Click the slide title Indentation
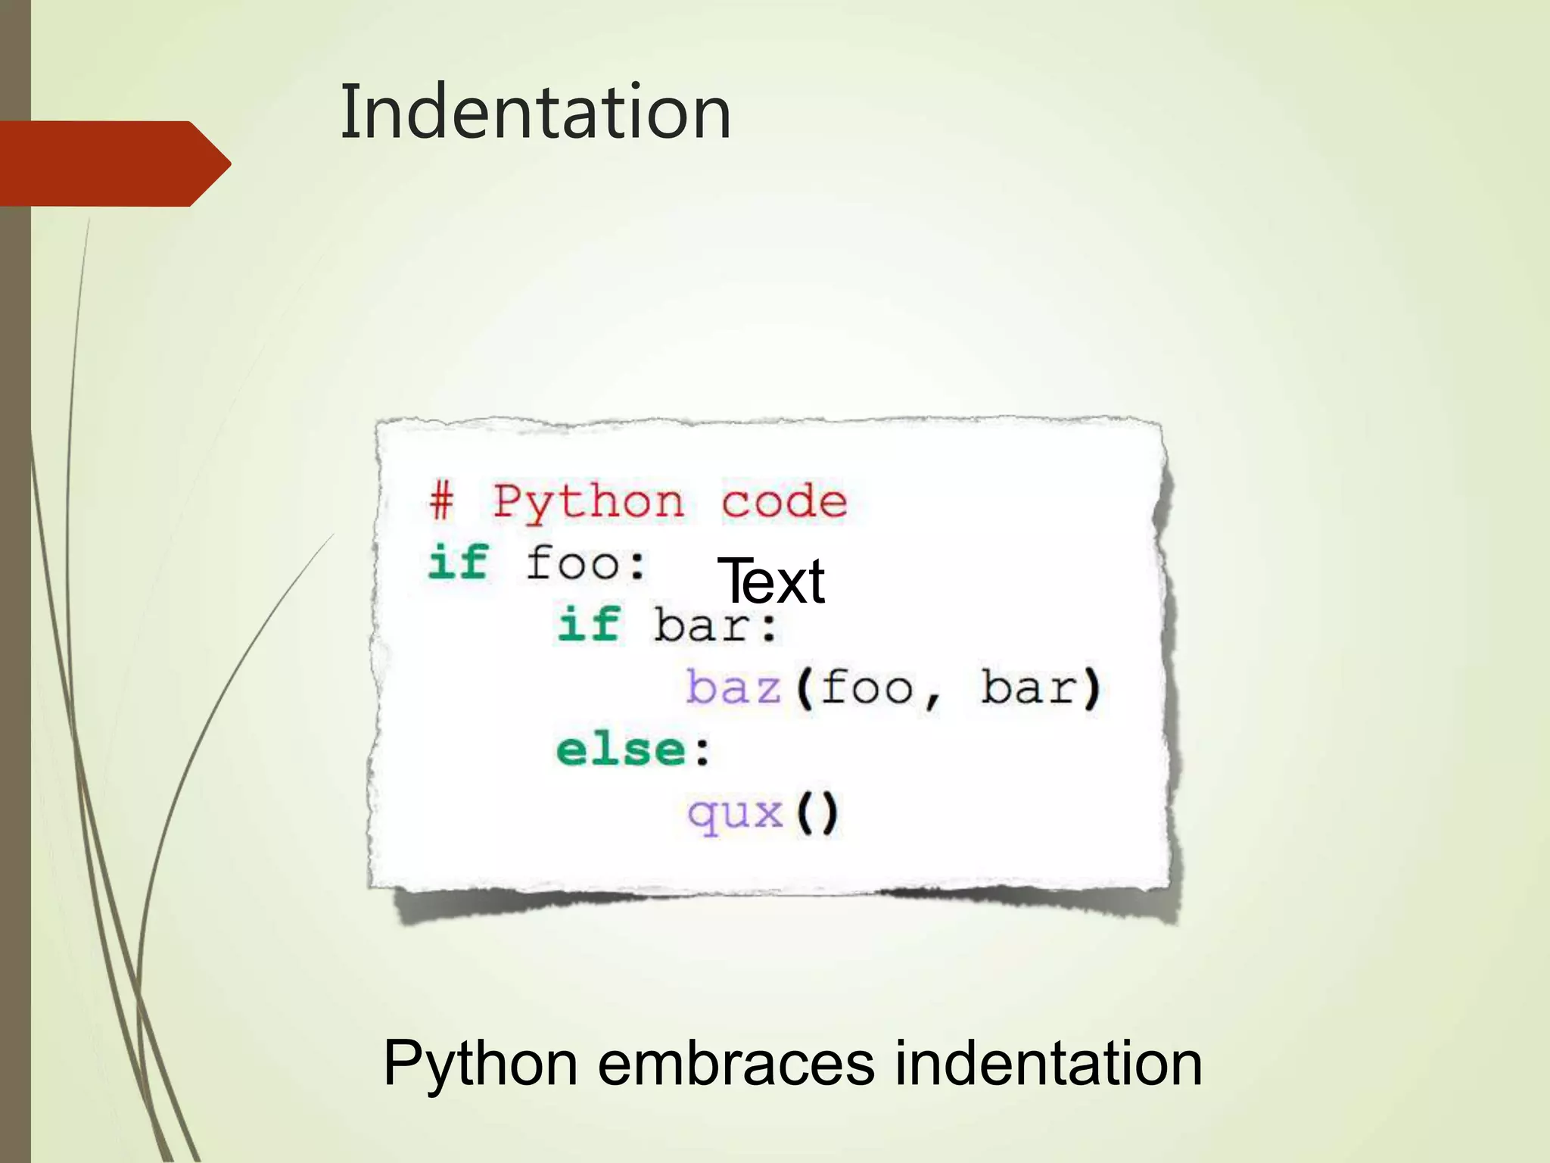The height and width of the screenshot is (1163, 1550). [x=535, y=112]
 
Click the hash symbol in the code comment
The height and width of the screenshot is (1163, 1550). [x=442, y=500]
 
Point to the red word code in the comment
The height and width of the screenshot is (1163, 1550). [x=783, y=500]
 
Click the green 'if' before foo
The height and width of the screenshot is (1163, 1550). [x=459, y=563]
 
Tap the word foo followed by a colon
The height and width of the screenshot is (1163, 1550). [x=585, y=563]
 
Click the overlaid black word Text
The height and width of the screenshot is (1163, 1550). [x=770, y=581]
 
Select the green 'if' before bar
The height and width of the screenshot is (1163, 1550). [x=589, y=625]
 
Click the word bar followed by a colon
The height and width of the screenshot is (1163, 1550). [x=715, y=626]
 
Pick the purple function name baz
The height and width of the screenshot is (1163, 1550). [x=733, y=688]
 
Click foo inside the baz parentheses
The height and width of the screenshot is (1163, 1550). [x=867, y=688]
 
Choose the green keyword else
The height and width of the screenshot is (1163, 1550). [x=621, y=750]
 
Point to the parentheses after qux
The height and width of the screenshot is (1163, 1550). [x=817, y=813]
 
